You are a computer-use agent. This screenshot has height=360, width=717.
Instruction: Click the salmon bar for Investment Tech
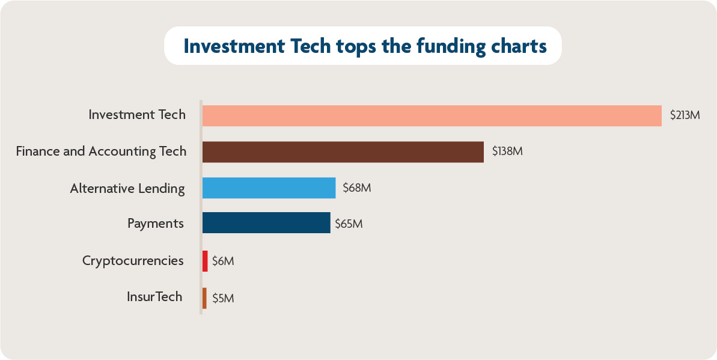click(432, 115)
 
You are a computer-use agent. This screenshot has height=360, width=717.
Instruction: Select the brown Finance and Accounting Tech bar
click(343, 152)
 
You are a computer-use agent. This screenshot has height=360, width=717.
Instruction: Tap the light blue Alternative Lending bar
click(269, 188)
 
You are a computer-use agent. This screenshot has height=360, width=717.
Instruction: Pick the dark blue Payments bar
click(266, 223)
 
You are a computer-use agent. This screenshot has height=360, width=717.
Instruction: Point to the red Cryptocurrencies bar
click(205, 261)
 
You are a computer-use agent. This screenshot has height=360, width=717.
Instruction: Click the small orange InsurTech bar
click(204, 298)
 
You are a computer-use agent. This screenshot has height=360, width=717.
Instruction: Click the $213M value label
click(685, 115)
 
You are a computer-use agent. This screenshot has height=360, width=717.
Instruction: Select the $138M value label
click(507, 151)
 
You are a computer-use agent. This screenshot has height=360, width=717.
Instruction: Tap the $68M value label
click(357, 188)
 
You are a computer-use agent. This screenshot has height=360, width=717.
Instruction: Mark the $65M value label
click(349, 224)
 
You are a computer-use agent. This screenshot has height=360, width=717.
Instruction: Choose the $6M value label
click(223, 261)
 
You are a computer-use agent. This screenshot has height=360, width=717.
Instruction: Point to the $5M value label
click(223, 298)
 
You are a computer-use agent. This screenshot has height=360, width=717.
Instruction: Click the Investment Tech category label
click(137, 114)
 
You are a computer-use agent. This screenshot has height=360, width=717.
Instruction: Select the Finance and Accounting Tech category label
click(101, 151)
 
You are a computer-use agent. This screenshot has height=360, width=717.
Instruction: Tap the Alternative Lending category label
click(127, 188)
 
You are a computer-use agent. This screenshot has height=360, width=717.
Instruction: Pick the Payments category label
click(156, 224)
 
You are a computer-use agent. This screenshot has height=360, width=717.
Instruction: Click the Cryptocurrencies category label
click(133, 261)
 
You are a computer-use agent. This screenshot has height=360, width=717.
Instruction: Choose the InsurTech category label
click(154, 297)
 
